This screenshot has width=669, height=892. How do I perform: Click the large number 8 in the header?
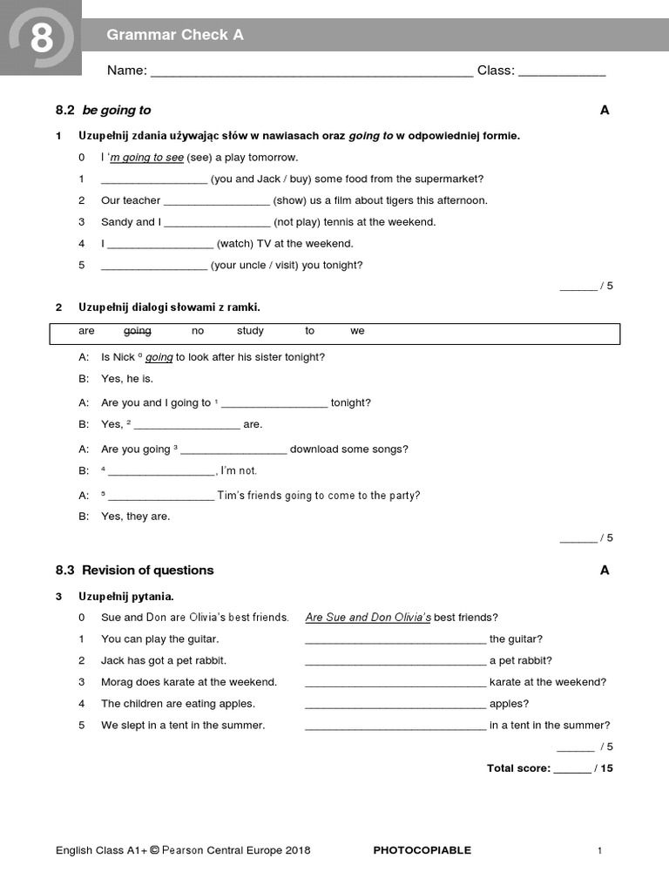coord(40,38)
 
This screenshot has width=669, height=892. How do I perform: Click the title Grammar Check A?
coord(174,35)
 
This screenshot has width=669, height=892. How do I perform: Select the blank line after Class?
coord(562,72)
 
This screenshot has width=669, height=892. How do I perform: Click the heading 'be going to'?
coord(117,110)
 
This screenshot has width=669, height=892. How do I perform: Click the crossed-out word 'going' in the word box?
coord(137,331)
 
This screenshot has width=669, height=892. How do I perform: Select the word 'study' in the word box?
coord(250,331)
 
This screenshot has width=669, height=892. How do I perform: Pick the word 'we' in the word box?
coord(357,331)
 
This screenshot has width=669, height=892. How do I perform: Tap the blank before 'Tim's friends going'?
coord(160,497)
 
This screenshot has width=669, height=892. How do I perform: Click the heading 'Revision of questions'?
coord(147,571)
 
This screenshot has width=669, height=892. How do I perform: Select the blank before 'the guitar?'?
coord(395,640)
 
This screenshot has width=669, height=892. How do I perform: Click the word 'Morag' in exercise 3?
coord(116,682)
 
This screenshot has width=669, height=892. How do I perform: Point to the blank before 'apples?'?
coord(395,705)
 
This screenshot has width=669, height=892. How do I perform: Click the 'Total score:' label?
coord(518,768)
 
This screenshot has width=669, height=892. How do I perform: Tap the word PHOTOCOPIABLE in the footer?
coord(422,850)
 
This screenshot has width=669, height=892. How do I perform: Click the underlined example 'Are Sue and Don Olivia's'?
coord(368,618)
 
